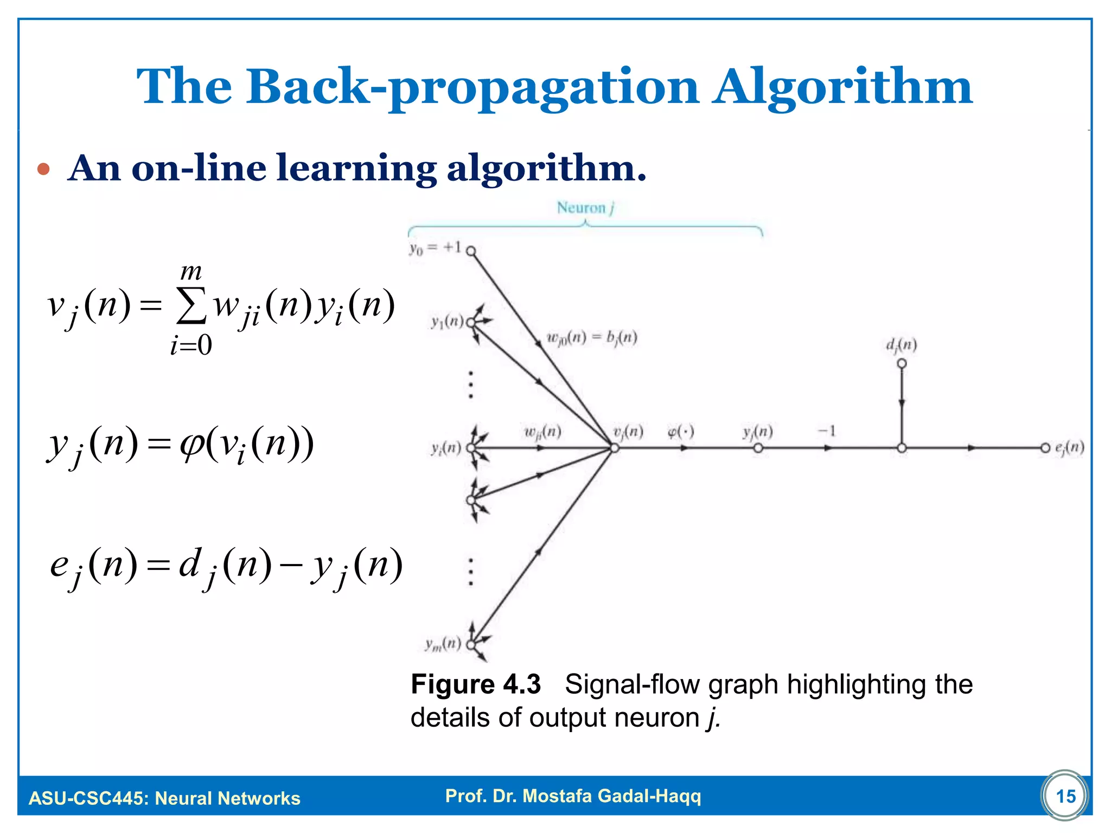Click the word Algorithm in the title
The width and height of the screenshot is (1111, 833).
point(842,87)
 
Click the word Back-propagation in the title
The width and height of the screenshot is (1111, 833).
point(473,87)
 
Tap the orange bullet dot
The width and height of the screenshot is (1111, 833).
point(43,170)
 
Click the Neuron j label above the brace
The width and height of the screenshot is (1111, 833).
point(585,208)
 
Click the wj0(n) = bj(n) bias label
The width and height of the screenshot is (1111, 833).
point(591,338)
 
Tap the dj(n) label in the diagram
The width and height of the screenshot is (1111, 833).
point(901,345)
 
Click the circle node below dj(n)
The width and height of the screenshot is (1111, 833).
point(902,363)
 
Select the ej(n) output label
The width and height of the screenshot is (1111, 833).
point(1069,447)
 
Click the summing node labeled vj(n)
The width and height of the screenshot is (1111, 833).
point(615,448)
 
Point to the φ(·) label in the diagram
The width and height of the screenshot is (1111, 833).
point(680,432)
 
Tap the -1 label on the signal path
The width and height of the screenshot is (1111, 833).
point(827,431)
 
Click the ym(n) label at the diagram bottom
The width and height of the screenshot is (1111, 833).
point(443,644)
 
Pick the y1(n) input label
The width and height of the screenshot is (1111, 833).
point(447,322)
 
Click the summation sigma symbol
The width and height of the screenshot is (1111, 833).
point(191,306)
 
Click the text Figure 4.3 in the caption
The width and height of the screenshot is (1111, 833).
point(476,684)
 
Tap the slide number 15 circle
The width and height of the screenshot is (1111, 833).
point(1065,796)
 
